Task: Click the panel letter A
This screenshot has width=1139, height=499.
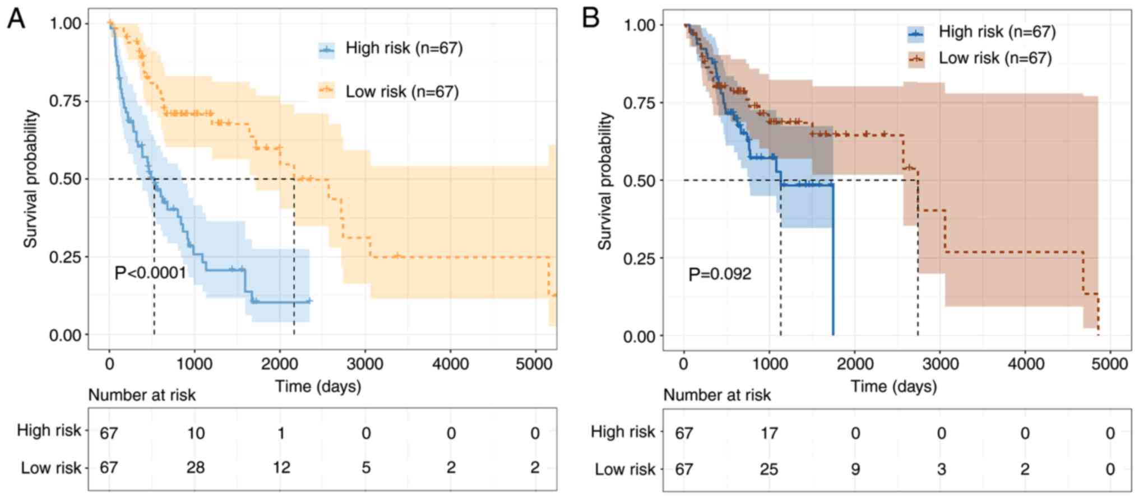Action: click(x=16, y=19)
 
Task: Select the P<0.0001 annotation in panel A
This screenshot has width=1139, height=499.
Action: click(x=150, y=273)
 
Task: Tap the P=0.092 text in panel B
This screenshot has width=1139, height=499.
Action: click(x=720, y=274)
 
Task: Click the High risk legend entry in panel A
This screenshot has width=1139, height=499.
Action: click(x=404, y=48)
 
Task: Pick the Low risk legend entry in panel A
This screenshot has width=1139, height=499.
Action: click(x=401, y=91)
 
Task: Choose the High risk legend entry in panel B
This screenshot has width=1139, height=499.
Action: click(x=997, y=32)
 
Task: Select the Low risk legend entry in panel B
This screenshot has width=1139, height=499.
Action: click(x=994, y=58)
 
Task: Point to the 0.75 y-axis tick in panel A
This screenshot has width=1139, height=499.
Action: click(x=65, y=101)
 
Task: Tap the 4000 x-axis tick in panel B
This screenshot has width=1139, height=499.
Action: click(x=1026, y=364)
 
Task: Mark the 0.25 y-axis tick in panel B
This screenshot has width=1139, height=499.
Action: click(x=640, y=258)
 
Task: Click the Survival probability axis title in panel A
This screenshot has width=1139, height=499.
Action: click(x=31, y=179)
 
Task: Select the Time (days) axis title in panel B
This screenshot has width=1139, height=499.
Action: click(x=893, y=386)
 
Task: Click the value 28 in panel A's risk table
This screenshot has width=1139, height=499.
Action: click(x=196, y=467)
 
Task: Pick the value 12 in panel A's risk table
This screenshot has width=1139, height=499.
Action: click(x=281, y=467)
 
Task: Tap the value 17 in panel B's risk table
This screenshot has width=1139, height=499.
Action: click(x=769, y=433)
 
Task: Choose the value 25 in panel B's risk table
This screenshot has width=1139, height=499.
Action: click(x=769, y=469)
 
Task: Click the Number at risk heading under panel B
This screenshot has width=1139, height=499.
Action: click(x=717, y=395)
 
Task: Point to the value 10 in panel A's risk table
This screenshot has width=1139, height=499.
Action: click(x=196, y=433)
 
